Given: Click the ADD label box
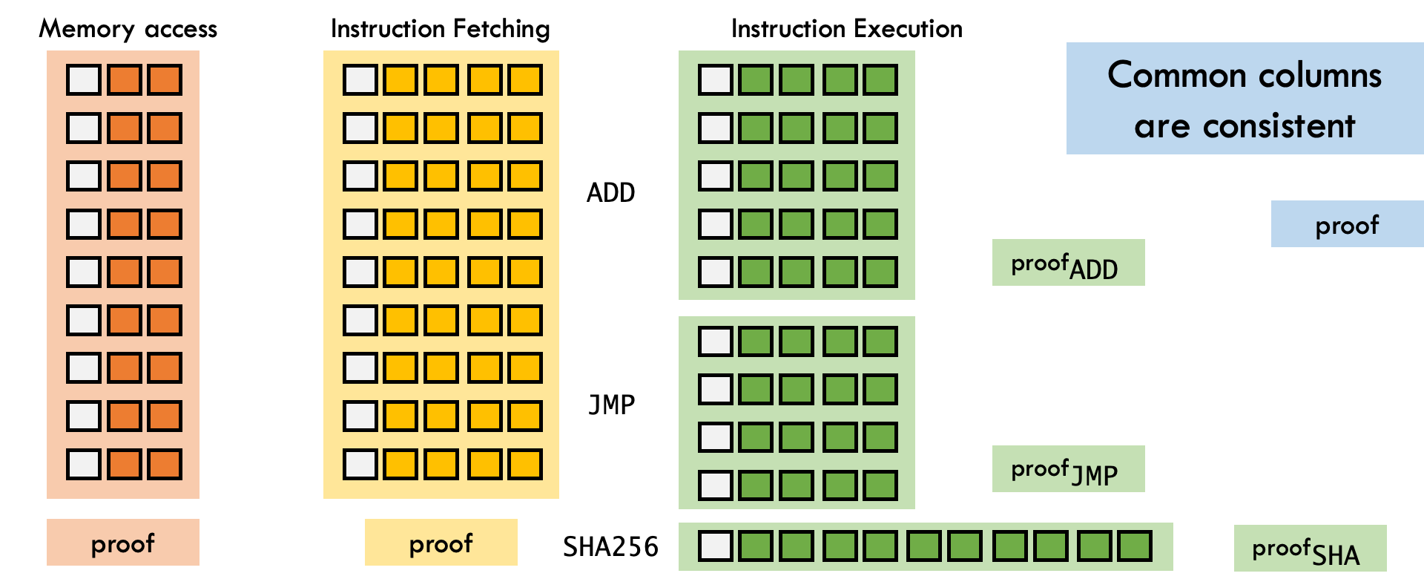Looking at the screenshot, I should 610,192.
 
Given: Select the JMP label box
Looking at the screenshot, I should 610,404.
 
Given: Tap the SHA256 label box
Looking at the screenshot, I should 610,546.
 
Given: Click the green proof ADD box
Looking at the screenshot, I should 1068,263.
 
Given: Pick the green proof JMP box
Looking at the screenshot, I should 1068,468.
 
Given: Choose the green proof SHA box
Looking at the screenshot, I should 1310,548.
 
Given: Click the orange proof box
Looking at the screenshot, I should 123,543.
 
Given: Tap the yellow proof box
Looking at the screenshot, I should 441,543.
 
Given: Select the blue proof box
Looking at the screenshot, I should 1347,224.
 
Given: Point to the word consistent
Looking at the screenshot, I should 1279,126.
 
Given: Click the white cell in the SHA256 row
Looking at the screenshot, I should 716,546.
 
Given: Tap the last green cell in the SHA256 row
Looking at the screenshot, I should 1134,546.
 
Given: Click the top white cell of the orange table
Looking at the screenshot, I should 84,79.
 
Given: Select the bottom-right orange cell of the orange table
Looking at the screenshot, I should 165,464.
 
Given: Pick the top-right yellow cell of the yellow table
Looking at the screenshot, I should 525,79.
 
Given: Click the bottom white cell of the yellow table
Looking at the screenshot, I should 360,464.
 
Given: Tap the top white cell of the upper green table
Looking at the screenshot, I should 716,79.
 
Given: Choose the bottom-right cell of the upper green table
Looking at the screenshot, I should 880,272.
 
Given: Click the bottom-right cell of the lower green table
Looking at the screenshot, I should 880,485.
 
